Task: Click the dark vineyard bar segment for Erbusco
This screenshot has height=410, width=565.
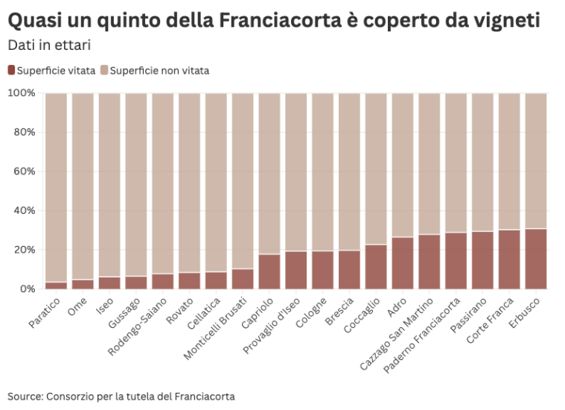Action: coord(535,259)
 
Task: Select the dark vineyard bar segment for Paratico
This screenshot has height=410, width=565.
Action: coord(56,286)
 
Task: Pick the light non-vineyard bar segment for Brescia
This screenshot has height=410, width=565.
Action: coord(349,171)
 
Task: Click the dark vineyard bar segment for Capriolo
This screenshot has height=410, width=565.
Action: coord(269,271)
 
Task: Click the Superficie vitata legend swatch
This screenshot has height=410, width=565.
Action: coord(11,70)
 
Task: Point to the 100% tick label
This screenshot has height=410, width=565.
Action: coord(21,93)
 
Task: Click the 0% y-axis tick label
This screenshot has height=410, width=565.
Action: coord(27,288)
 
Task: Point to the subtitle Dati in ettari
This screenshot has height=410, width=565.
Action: coord(49,45)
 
